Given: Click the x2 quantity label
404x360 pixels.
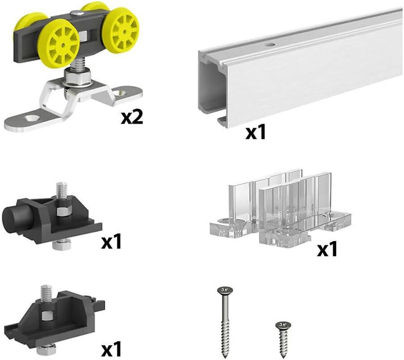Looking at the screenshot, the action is [132, 118].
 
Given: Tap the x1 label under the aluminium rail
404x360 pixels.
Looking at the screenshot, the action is [255, 132].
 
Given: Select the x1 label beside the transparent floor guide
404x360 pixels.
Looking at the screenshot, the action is [327, 249].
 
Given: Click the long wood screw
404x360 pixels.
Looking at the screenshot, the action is [225, 322].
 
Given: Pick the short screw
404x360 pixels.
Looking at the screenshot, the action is [283, 340].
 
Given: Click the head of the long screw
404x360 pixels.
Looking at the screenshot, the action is [225, 290].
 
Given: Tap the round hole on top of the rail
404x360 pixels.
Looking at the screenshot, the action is [270, 45].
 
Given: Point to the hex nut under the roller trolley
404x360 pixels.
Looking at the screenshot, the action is [77, 76].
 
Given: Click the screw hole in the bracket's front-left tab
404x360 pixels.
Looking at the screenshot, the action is [31, 119].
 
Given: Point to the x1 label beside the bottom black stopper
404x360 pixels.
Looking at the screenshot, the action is [111, 349].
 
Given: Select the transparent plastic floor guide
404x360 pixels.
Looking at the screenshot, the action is [279, 208].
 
